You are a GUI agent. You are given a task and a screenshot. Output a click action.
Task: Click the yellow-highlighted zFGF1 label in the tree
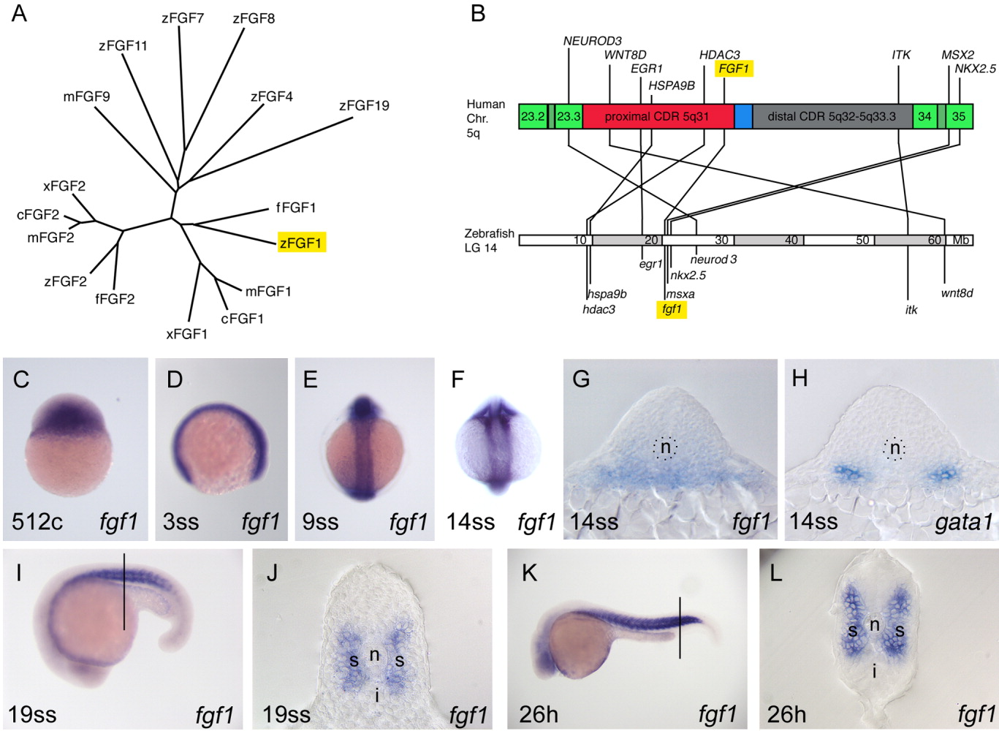pos(301,242)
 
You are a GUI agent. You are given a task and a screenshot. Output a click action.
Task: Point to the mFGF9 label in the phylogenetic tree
pos(86,96)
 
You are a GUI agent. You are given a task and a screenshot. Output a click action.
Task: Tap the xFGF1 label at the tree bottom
pos(186,333)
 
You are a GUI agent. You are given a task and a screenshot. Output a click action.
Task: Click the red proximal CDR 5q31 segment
pos(657,117)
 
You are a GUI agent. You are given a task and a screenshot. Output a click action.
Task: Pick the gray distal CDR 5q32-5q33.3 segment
pos(832,117)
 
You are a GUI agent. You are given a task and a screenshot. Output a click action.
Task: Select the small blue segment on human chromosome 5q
pos(743,117)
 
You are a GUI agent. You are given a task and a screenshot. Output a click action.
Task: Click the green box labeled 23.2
pos(533,117)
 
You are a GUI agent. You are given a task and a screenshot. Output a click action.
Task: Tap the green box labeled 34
pos(924,117)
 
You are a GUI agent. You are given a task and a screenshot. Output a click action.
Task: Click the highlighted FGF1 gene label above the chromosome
pos(734,69)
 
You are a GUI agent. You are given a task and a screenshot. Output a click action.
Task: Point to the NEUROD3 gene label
pos(593,41)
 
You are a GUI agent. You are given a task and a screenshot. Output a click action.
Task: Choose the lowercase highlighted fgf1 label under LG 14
pos(671,309)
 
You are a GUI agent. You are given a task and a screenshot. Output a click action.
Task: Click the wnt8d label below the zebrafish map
pos(957,293)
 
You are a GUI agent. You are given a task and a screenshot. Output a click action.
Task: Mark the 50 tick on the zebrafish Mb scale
pos(862,240)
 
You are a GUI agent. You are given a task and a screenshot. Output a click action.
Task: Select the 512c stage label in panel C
pos(37,521)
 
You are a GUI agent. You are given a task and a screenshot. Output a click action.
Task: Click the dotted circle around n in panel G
pos(665,447)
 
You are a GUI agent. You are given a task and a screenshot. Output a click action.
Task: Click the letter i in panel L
pos(874,670)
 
